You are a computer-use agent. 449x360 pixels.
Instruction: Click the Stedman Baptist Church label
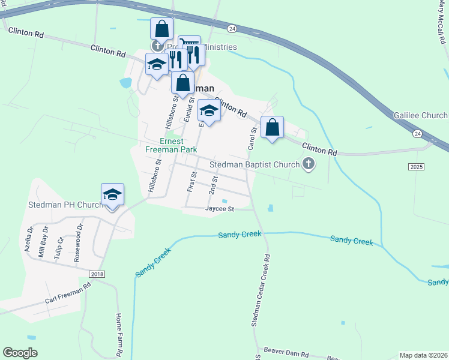254,164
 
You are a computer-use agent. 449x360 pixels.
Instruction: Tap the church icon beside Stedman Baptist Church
309,163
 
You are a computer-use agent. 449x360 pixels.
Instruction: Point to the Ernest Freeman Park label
170,146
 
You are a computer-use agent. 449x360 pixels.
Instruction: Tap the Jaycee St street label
219,209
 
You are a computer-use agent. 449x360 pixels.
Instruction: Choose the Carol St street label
253,138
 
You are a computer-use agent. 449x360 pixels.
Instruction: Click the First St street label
193,182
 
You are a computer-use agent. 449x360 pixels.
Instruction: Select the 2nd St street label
212,185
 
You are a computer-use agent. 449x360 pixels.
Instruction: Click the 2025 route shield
416,166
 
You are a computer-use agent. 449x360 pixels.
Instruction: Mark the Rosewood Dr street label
77,247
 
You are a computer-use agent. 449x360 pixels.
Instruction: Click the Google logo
20,353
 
